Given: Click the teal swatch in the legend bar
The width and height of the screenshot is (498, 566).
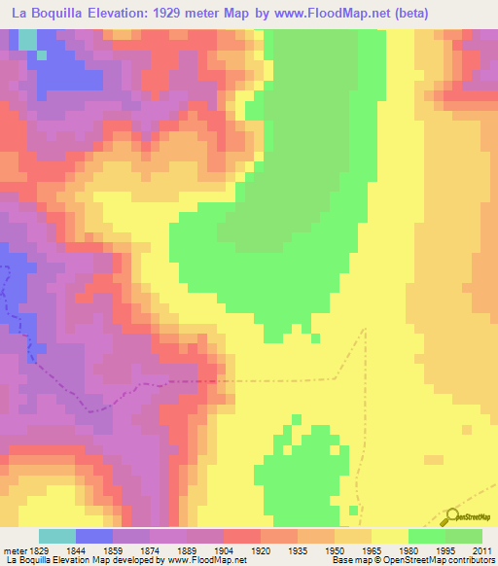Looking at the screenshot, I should pyautogui.click(x=57, y=536).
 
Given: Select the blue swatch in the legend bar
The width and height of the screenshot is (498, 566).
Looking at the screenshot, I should pyautogui.click(x=94, y=536).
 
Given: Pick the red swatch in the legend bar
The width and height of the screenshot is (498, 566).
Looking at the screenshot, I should pyautogui.click(x=242, y=536).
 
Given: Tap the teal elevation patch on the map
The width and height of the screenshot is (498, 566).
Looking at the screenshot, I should pyautogui.click(x=27, y=40).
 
